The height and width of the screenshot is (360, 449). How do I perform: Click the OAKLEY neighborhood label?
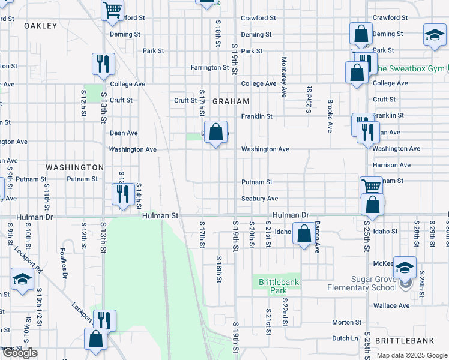coord(40,26)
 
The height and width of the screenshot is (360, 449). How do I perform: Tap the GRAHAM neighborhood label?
coord(231,102)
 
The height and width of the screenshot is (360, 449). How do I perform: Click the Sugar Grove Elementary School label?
coord(362,283)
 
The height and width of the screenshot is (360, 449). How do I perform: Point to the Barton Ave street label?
coord(318,239)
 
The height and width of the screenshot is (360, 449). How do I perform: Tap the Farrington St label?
coord(210,68)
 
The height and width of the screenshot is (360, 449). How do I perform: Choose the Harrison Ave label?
coord(391,165)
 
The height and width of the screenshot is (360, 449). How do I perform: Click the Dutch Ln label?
coord(345,338)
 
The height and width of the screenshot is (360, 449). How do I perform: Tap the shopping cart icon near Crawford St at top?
coord(112,10)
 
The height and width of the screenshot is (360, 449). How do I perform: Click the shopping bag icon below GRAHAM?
coord(216,133)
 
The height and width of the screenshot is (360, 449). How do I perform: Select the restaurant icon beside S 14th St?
coord(122,194)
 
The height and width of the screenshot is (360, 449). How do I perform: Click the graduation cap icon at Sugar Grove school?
coord(405,268)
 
